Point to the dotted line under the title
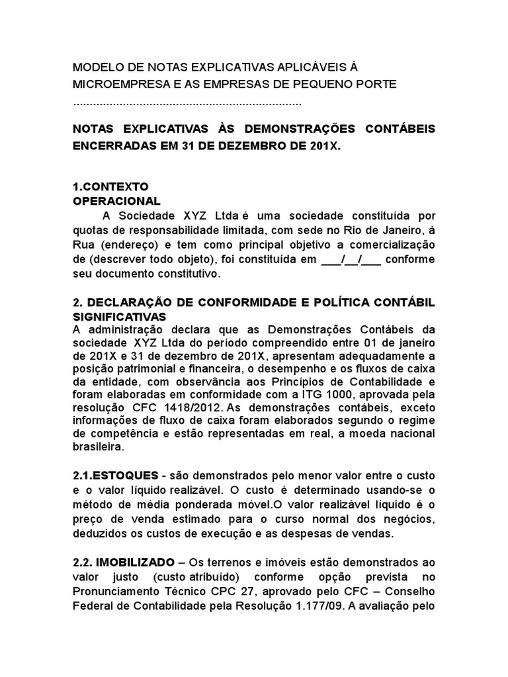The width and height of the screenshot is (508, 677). [187, 104]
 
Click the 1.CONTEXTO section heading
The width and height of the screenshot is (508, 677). [110, 186]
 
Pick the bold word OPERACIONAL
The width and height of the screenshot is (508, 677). [116, 200]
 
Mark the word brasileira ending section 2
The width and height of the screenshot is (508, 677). [98, 448]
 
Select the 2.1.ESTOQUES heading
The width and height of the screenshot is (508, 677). [116, 476]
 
